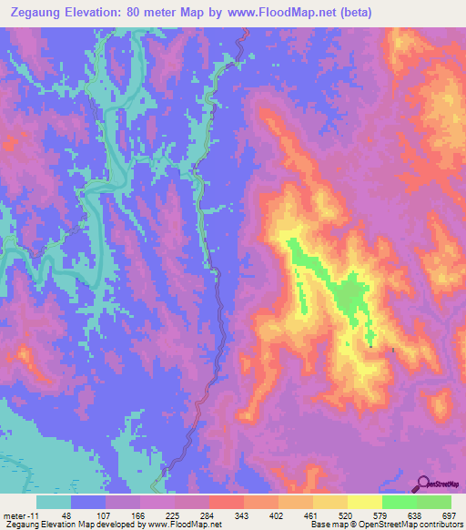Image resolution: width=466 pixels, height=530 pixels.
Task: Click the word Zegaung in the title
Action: (35, 13)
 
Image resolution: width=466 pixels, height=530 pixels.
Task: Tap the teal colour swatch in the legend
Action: (53, 502)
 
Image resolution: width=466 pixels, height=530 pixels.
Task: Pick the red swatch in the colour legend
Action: (226, 502)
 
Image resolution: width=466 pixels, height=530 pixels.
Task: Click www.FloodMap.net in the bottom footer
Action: (185, 525)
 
